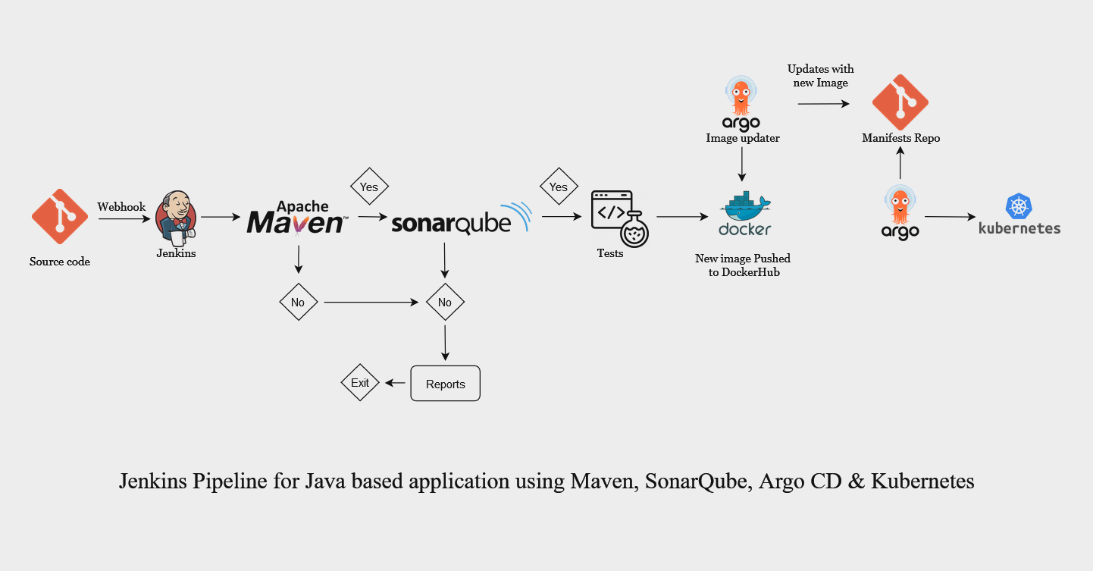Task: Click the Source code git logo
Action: [60, 216]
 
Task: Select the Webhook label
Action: [121, 207]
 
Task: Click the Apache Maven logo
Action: [298, 218]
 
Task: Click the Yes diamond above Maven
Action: [369, 187]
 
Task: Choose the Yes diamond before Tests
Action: [559, 187]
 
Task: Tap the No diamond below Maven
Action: [298, 302]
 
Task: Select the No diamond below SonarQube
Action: [445, 302]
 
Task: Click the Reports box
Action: [445, 384]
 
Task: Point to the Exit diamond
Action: [360, 383]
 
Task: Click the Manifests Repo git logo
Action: [900, 102]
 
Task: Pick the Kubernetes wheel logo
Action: [1019, 207]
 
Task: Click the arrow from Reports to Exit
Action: [395, 384]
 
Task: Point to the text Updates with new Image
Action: [820, 76]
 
